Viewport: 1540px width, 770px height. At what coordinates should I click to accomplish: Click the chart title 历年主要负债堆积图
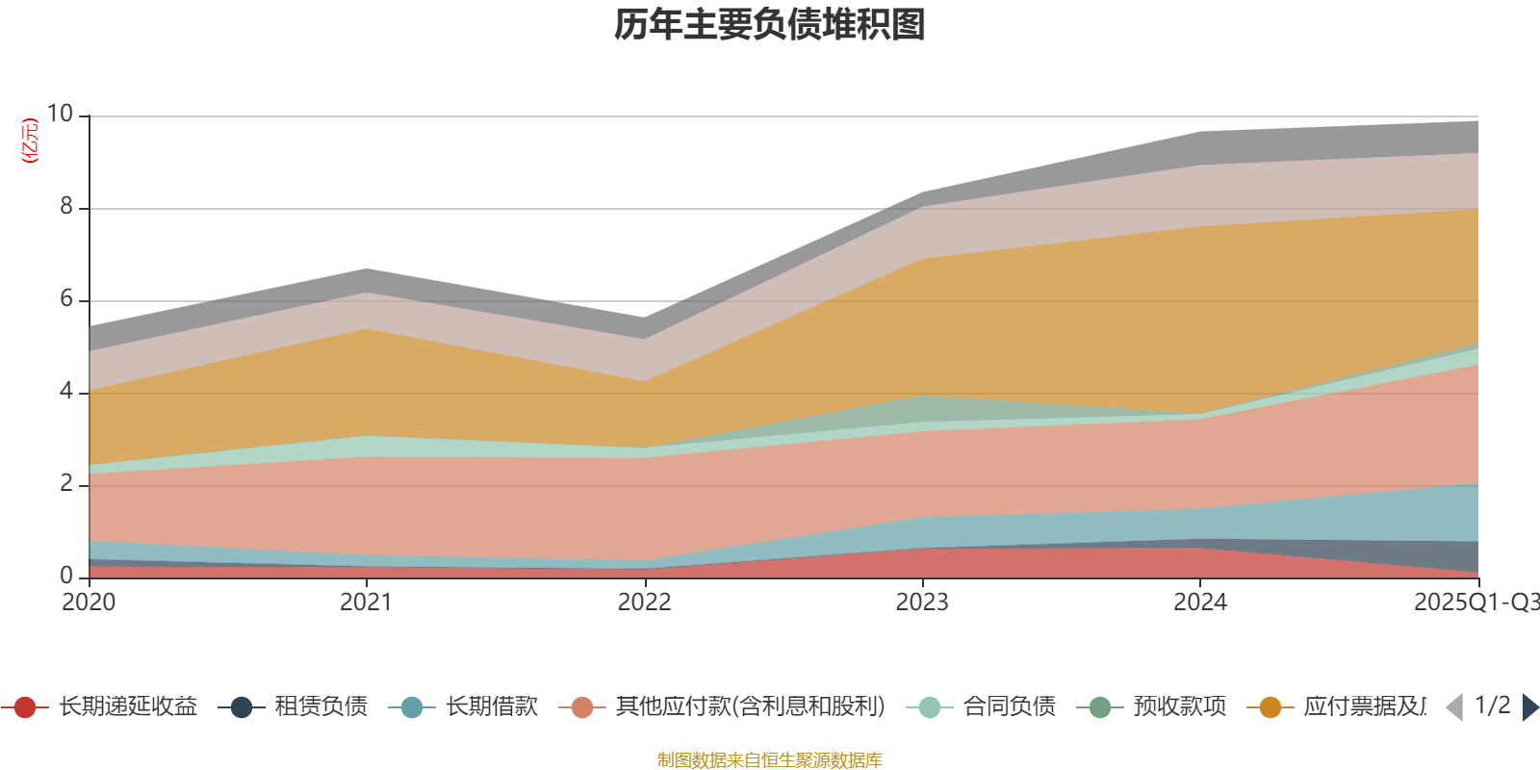(770, 25)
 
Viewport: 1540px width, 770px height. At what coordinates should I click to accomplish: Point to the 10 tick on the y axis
(60, 114)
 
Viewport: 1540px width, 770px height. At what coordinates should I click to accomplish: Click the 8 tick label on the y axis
(66, 206)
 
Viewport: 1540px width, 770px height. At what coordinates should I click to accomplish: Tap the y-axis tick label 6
(66, 298)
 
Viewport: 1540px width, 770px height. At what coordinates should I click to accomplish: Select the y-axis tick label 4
(66, 391)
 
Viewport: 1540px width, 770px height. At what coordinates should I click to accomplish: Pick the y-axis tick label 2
(66, 483)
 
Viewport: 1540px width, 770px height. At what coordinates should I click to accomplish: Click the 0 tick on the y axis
(66, 576)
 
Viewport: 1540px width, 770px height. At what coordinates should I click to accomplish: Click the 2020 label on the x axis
(89, 603)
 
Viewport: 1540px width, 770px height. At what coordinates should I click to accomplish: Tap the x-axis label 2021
(367, 603)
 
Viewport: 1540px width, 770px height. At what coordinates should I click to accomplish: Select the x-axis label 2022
(644, 603)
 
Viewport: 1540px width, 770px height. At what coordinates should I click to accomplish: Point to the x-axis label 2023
(922, 603)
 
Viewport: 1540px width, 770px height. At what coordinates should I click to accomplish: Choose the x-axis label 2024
(1199, 603)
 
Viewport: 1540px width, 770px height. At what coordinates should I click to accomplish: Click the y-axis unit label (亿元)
(30, 141)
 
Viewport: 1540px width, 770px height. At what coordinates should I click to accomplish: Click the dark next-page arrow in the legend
(1529, 707)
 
